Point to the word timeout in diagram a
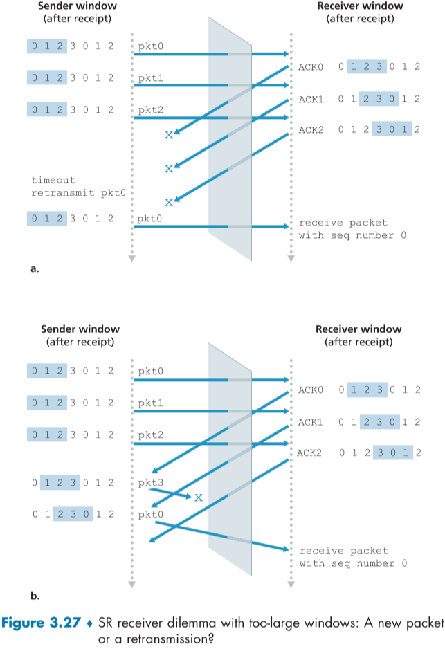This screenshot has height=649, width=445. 51,181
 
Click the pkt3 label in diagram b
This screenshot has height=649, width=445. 151,482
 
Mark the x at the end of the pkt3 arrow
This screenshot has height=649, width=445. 198,497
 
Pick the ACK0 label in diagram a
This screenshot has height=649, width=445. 309,66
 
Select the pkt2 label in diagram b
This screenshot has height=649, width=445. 151,435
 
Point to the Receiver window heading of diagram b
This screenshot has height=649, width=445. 358,329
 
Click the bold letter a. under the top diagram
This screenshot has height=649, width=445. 34,269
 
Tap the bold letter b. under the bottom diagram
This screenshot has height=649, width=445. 34,594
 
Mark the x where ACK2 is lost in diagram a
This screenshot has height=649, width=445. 168,202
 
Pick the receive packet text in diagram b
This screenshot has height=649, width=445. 343,551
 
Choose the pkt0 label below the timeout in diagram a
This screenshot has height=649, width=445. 151,219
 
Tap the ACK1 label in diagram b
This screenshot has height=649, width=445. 309,421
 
